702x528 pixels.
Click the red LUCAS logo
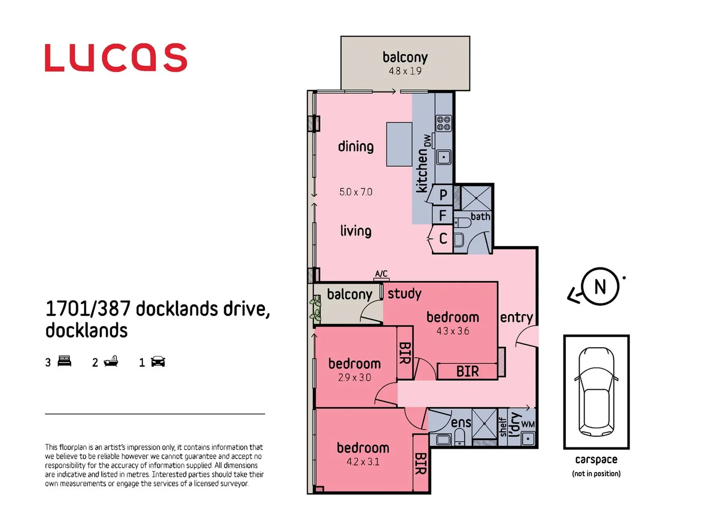pyautogui.click(x=116, y=58)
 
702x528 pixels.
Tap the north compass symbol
pyautogui.click(x=600, y=287)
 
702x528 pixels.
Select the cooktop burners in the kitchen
pyautogui.click(x=444, y=123)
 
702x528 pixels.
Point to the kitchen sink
pyautogui.click(x=444, y=157)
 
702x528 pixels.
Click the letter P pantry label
pyautogui.click(x=443, y=195)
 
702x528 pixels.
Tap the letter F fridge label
pyautogui.click(x=443, y=216)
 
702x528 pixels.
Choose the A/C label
pyautogui.click(x=381, y=274)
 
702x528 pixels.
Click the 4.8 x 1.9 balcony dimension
pyautogui.click(x=405, y=71)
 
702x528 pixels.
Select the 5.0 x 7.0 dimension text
pyautogui.click(x=356, y=192)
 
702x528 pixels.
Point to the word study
pyautogui.click(x=404, y=293)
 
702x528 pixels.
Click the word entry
pyautogui.click(x=516, y=317)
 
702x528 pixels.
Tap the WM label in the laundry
pyautogui.click(x=528, y=424)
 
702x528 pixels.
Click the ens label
pyautogui.click(x=461, y=422)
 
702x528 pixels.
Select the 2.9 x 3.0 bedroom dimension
pyautogui.click(x=354, y=377)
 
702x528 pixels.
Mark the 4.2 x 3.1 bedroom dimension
pyautogui.click(x=363, y=462)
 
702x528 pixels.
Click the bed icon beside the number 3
pyautogui.click(x=65, y=361)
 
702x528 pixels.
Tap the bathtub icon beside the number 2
pyautogui.click(x=111, y=361)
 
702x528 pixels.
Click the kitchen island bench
pyautogui.click(x=399, y=144)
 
